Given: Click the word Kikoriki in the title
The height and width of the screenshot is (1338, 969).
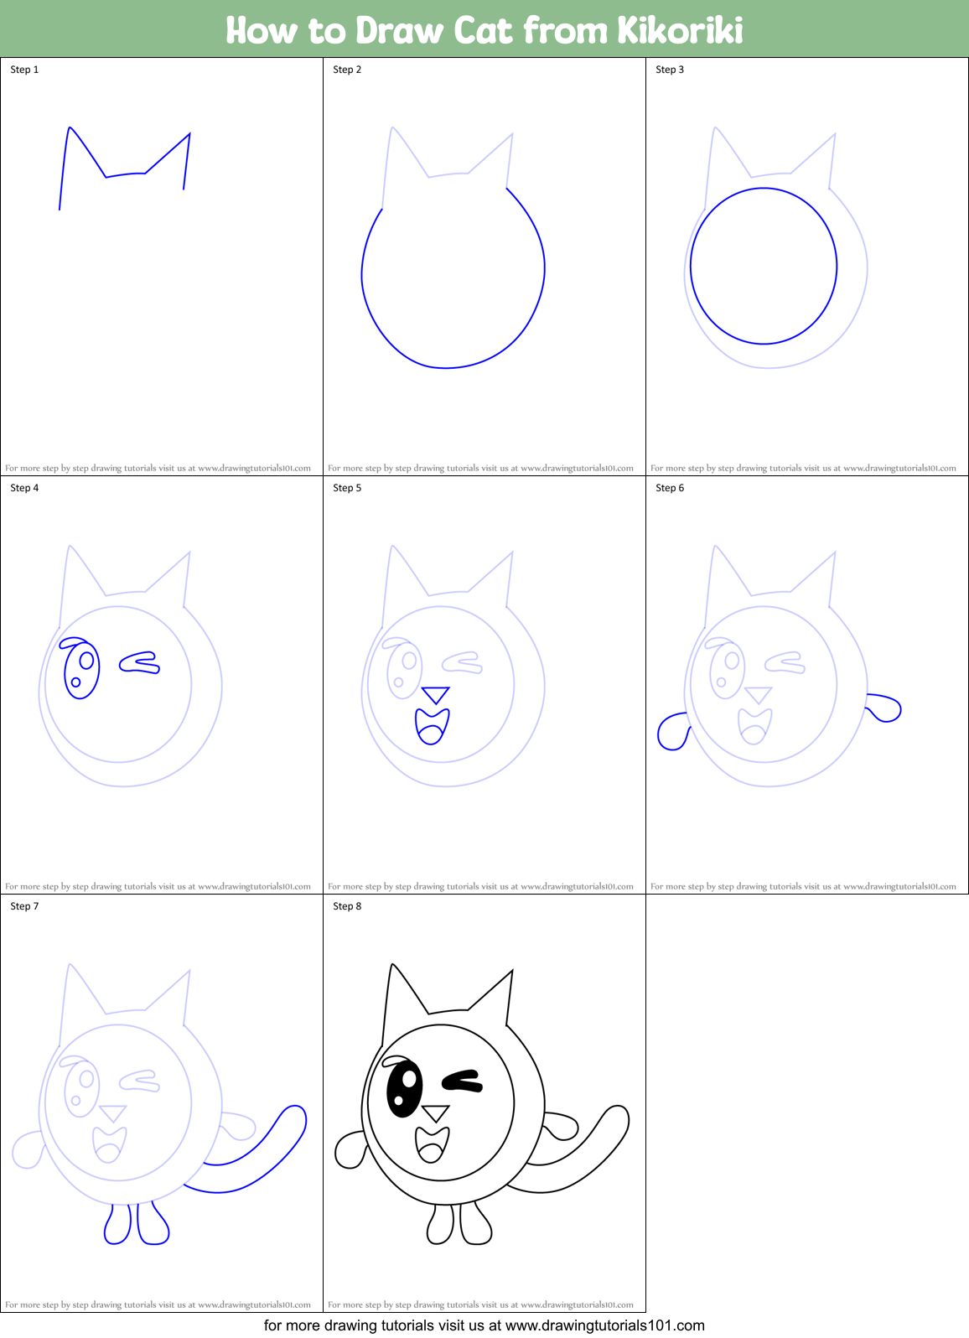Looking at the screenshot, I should point(680,30).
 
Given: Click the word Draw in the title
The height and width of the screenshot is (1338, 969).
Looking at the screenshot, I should point(400,30).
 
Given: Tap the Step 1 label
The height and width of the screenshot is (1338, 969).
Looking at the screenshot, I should point(24,70).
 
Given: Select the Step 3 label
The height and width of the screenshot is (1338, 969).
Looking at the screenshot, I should point(670,70).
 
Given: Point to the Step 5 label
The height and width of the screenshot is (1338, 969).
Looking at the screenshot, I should point(347,488).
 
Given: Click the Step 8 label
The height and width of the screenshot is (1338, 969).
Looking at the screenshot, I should point(347,906).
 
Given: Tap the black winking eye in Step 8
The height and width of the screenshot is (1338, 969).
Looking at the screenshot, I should point(462,1081).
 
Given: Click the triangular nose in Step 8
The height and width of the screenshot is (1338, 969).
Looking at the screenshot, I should point(436,1112).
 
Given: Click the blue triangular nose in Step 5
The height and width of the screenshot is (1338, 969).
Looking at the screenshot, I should point(436,694).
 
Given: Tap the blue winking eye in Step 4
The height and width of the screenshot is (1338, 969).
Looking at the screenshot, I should point(140,663).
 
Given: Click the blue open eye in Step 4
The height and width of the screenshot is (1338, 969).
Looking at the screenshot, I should point(81,669).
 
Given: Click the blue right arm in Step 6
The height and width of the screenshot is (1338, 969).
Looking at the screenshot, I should point(883,708).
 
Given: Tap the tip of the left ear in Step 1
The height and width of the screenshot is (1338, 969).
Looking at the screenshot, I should point(70,127).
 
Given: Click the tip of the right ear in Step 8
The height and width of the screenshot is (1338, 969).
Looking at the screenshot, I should point(512,971).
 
